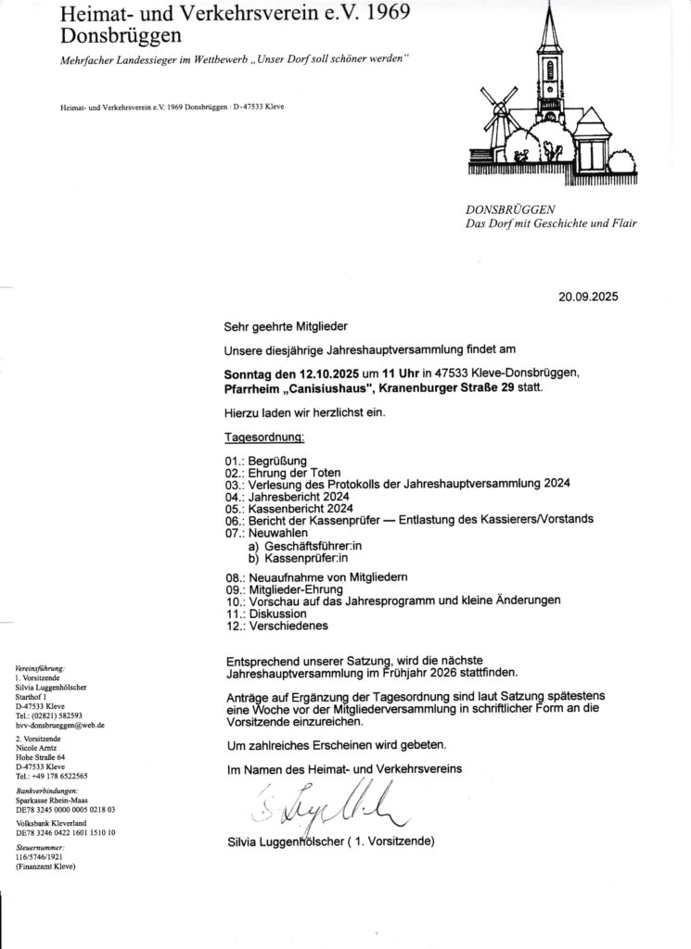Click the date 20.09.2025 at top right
587,297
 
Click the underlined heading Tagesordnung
265,436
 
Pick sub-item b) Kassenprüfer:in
294,560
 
